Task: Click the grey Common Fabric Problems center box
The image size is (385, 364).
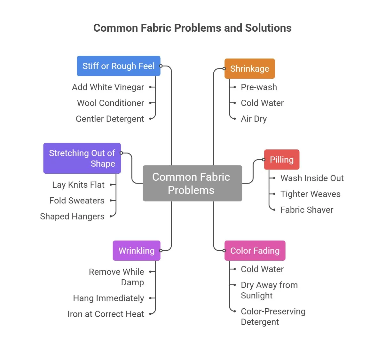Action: click(192, 183)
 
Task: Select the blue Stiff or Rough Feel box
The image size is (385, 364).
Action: click(118, 66)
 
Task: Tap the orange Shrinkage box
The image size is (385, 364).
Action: click(249, 68)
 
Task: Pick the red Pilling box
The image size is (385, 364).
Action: click(281, 160)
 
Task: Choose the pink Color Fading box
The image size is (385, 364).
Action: click(255, 250)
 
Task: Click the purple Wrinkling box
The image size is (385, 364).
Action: click(137, 250)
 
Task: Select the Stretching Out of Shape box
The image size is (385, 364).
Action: click(82, 158)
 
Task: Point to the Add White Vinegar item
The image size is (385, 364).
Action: click(108, 87)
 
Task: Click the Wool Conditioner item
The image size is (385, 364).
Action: click(110, 103)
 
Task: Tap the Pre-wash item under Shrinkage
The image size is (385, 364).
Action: click(259, 87)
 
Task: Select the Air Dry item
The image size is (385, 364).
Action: click(254, 119)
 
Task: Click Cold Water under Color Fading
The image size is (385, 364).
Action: click(262, 269)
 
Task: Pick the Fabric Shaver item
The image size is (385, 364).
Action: click(307, 210)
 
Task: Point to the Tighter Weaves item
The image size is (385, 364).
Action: click(310, 194)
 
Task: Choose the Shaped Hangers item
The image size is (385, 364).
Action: click(72, 217)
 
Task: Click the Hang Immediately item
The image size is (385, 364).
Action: click(108, 298)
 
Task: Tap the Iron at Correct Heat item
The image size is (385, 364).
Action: click(106, 314)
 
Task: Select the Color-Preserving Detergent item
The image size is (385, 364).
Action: click(273, 316)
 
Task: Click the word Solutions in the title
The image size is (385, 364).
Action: click(268, 28)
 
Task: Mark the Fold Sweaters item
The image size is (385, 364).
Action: click(77, 201)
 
